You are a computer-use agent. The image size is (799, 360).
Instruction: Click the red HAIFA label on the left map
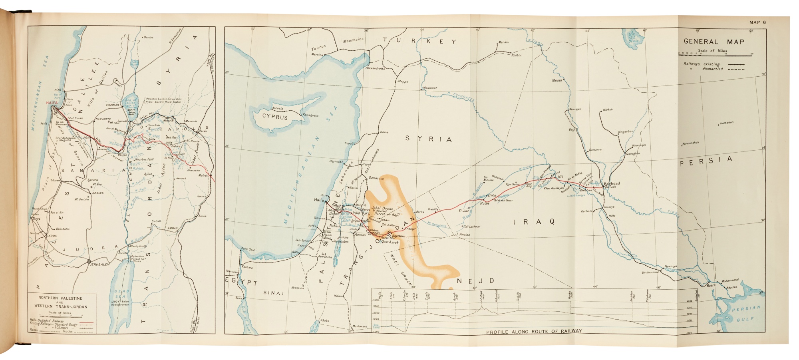pyautogui.click(x=52, y=103)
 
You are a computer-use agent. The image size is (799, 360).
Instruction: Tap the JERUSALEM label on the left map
pyautogui.click(x=99, y=265)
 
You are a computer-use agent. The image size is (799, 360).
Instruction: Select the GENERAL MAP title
pyautogui.click(x=714, y=42)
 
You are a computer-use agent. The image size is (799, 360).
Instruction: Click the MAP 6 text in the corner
pyautogui.click(x=757, y=22)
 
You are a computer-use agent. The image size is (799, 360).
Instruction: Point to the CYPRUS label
pyautogui.click(x=275, y=117)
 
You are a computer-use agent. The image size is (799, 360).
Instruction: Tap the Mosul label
pyautogui.click(x=557, y=80)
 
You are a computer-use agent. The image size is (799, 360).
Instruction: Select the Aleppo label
pyautogui.click(x=403, y=82)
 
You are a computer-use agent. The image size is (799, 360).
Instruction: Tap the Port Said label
pyautogui.click(x=248, y=249)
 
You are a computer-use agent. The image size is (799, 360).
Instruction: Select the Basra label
pyautogui.click(x=711, y=286)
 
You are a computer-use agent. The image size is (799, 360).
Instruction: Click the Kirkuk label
pyautogui.click(x=608, y=109)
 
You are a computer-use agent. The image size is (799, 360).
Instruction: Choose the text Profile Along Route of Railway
pyautogui.click(x=534, y=331)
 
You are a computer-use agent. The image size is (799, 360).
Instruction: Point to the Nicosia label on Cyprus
pyautogui.click(x=278, y=108)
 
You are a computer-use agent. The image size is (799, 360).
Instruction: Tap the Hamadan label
pyautogui.click(x=727, y=123)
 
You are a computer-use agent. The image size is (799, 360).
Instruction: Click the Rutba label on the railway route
pyautogui.click(x=484, y=203)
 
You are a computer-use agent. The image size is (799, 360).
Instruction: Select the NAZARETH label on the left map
pyautogui.click(x=103, y=119)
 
